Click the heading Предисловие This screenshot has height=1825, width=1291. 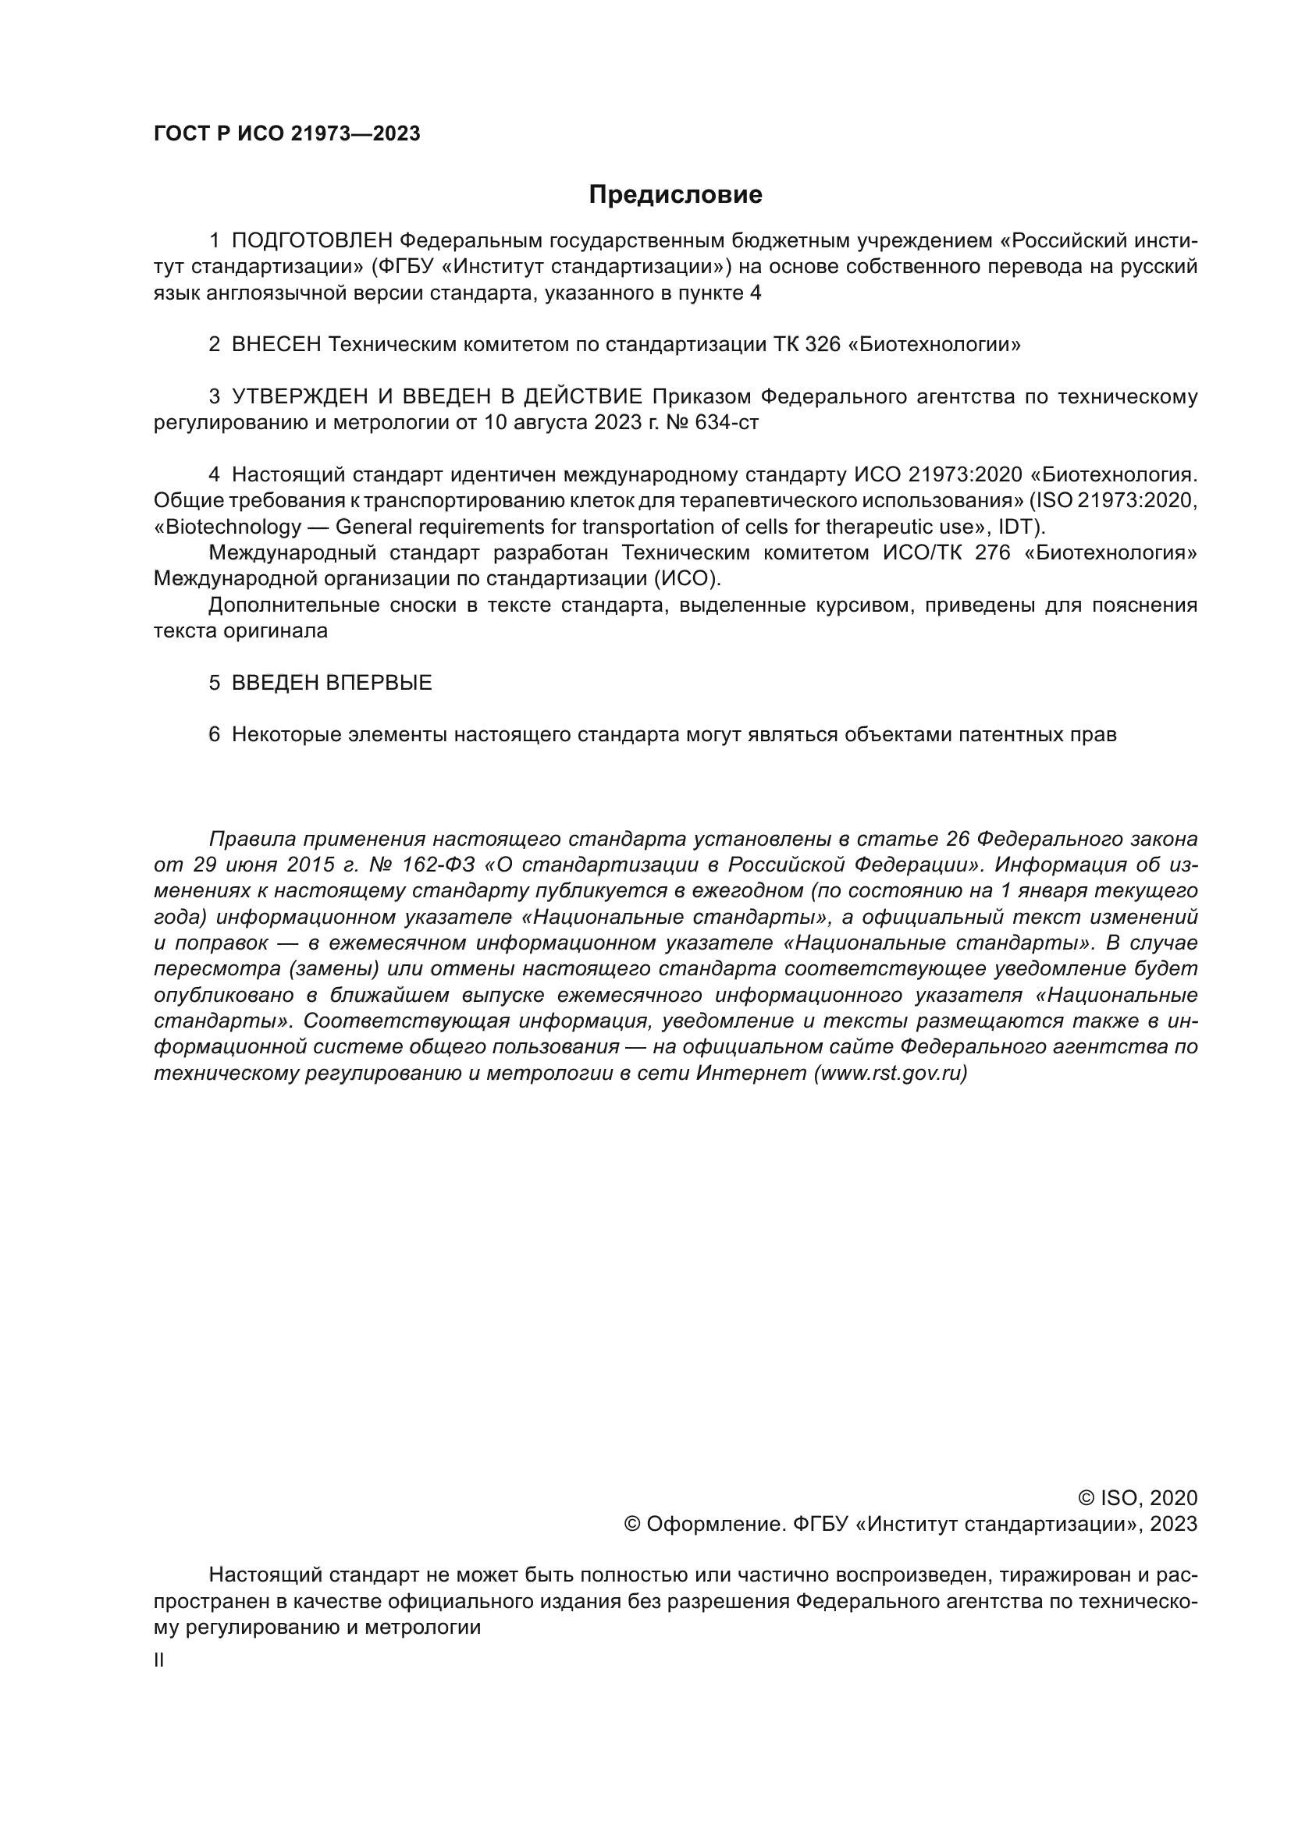click(675, 195)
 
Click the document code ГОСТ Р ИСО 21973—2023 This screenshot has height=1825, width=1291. click(286, 133)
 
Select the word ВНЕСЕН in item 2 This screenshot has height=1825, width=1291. click(276, 344)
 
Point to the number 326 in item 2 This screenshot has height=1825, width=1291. click(823, 344)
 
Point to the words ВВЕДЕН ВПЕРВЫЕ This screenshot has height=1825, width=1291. click(332, 682)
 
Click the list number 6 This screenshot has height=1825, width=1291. click(214, 734)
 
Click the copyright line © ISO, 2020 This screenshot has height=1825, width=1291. click(1137, 1498)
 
